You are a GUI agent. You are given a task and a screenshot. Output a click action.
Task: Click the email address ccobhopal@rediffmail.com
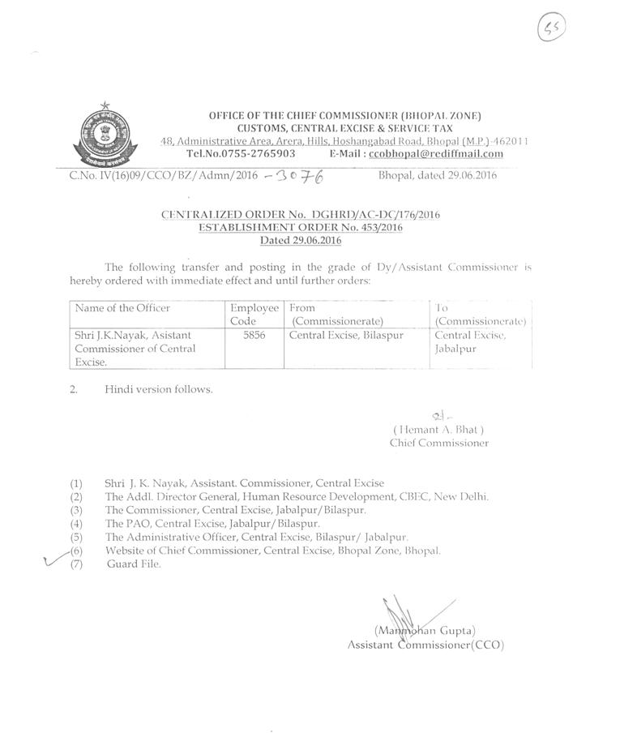435,153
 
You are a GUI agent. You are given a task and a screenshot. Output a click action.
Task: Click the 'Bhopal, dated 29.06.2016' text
438,174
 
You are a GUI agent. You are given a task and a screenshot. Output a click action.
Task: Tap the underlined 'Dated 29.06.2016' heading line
301,240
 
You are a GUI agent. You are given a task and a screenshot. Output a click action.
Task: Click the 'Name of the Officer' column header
122,308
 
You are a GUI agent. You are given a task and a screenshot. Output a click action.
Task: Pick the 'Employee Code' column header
254,315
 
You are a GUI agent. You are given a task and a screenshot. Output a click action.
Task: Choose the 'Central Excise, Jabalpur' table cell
470,341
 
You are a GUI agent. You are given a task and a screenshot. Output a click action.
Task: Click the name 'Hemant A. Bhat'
438,430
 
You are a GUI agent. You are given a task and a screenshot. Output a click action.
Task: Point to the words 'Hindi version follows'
159,389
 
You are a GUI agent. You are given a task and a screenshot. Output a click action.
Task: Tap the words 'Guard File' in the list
134,564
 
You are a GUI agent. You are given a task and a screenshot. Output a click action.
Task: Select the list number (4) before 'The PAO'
77,524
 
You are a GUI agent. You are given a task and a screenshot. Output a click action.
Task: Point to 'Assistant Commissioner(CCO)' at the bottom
425,645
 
